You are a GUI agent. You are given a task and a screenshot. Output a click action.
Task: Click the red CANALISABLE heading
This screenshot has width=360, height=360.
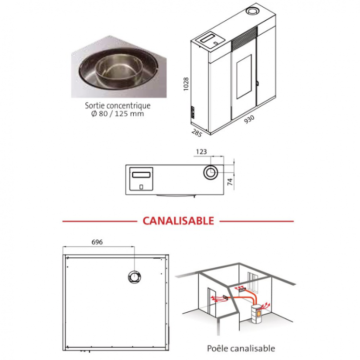point(178,221)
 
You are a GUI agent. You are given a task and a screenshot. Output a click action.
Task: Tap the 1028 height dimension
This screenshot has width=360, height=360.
point(186,84)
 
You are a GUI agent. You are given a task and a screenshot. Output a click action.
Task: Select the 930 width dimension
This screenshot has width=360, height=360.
point(249,119)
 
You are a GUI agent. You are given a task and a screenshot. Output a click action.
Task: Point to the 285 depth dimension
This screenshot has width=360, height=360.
point(196,133)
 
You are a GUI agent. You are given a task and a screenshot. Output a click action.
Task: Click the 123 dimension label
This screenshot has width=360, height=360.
point(201,152)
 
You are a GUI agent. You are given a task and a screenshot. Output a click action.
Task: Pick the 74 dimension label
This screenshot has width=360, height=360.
point(230,181)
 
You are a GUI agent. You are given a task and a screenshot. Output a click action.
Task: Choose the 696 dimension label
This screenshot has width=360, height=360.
point(97,242)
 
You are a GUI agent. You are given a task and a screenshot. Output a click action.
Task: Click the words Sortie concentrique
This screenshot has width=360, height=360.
point(118,106)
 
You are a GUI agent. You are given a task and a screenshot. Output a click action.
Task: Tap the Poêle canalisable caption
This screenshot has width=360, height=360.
point(241,348)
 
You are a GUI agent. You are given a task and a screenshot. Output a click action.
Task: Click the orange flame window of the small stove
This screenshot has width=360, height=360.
point(258,313)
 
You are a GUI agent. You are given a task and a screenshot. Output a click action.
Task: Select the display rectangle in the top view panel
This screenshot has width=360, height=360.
point(141,175)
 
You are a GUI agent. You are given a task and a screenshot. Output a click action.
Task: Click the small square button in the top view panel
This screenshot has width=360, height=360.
point(141,187)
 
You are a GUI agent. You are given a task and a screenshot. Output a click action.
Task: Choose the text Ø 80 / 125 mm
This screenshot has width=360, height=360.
point(118,114)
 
